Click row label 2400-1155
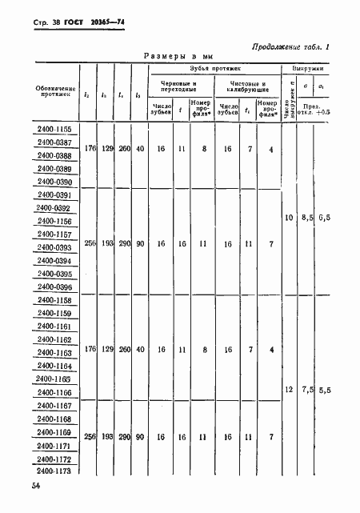click(54, 129)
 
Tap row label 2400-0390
click(54, 182)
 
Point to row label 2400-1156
click(54, 222)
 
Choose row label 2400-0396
click(54, 287)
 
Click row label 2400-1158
click(54, 301)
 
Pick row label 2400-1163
click(54, 353)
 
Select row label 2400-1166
click(54, 393)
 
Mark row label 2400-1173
click(54, 471)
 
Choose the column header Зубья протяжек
click(213, 69)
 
